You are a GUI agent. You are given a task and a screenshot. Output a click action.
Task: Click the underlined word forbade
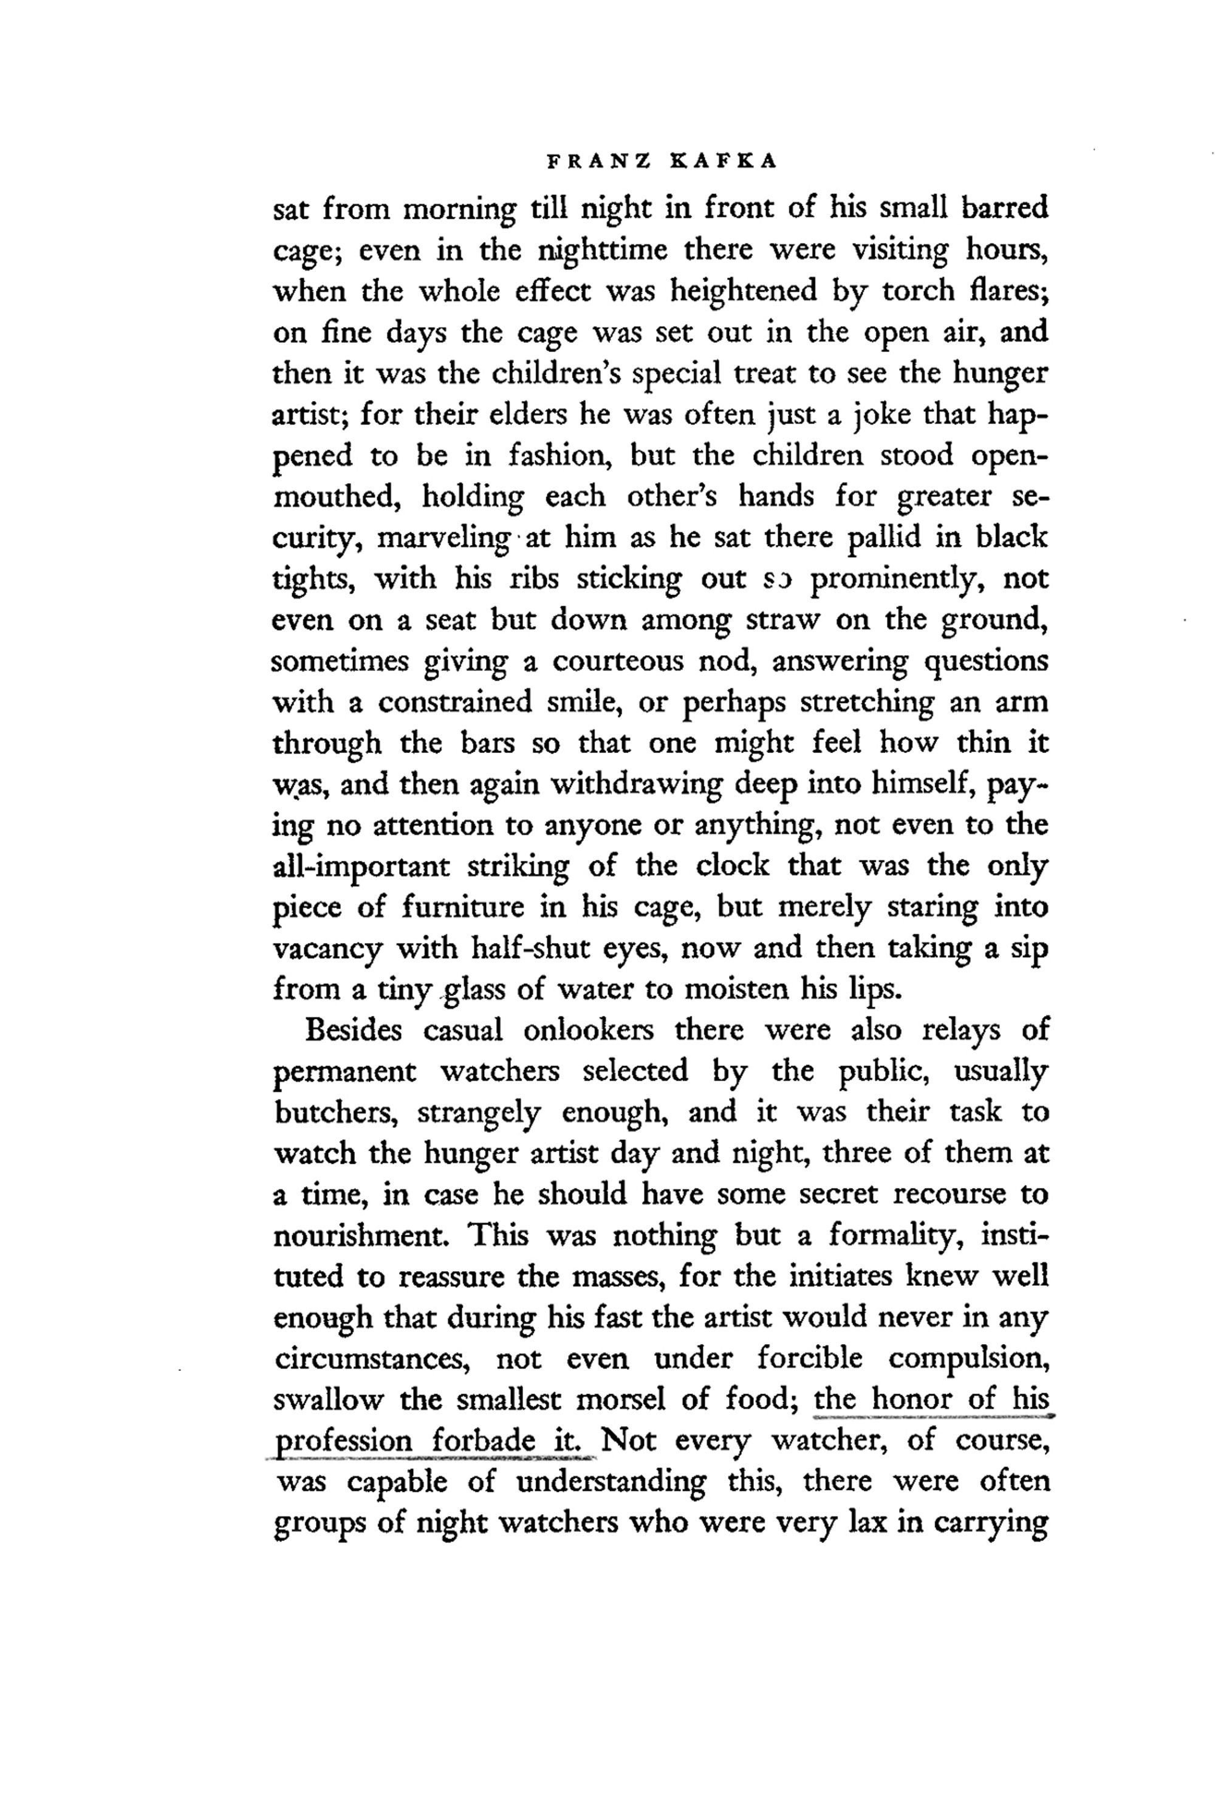coord(484,1441)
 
